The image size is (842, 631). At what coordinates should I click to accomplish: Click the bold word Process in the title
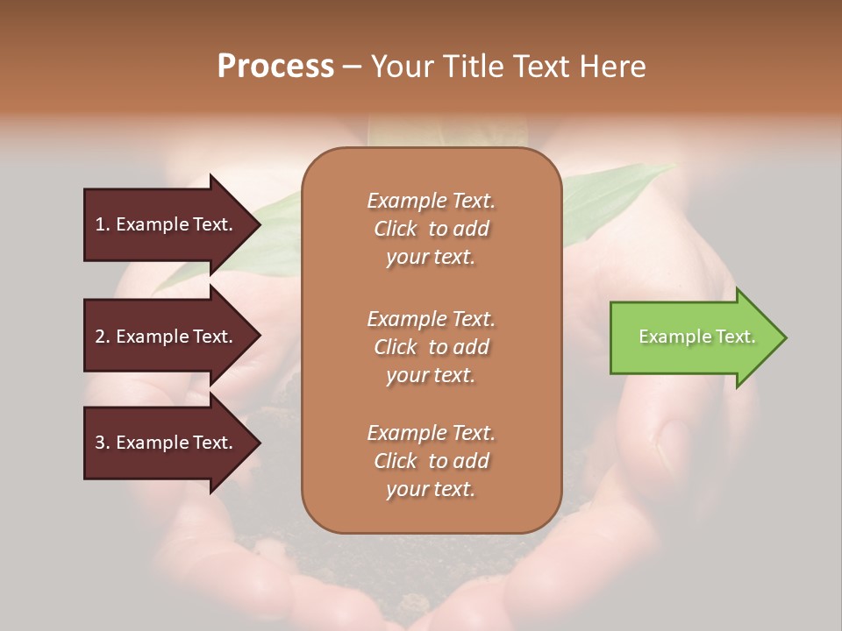275,67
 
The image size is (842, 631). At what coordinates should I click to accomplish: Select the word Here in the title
615,67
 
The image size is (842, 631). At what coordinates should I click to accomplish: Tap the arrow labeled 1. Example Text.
167,224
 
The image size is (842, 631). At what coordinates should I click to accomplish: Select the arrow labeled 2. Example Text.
167,337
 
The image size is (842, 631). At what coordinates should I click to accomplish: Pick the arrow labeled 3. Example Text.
167,443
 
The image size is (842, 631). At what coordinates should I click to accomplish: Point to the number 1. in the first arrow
103,224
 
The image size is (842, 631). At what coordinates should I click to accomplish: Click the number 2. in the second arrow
103,337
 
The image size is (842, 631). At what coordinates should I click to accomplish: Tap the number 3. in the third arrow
103,443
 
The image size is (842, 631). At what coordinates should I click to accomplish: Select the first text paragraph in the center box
431,229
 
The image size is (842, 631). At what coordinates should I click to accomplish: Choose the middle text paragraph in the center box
431,346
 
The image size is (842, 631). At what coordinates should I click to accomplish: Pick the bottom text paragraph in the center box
431,461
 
